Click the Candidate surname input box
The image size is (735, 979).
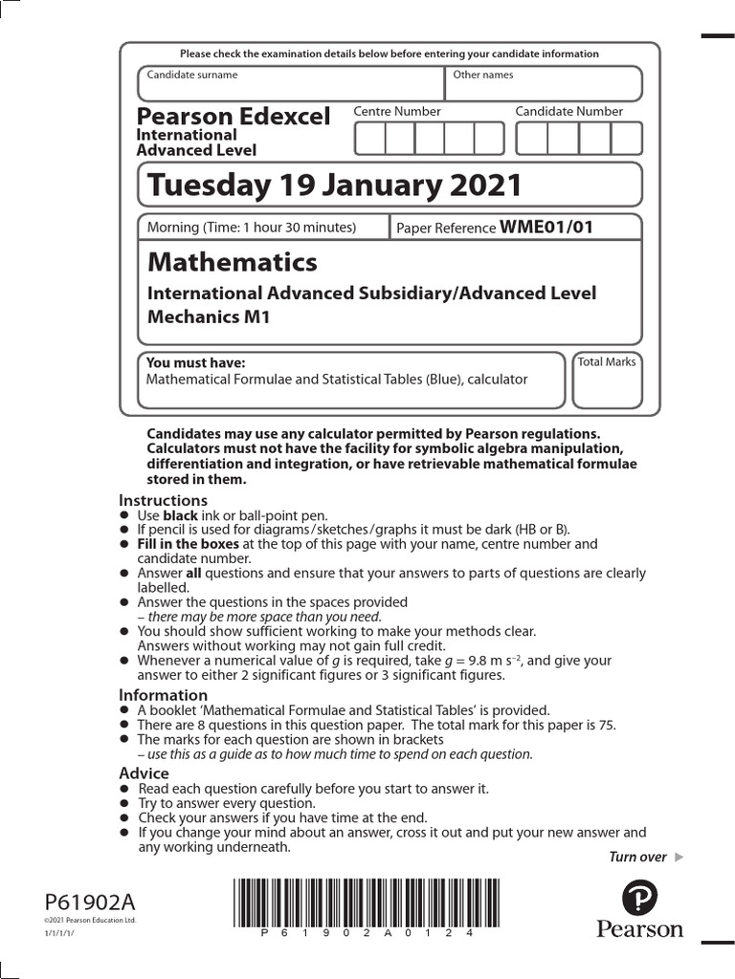pyautogui.click(x=291, y=83)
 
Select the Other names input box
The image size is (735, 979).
pyautogui.click(x=542, y=83)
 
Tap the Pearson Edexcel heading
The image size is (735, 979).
pyautogui.click(x=234, y=117)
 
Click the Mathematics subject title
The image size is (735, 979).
pyautogui.click(x=232, y=262)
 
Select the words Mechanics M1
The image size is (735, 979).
pyautogui.click(x=208, y=316)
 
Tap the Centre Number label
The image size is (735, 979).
pyautogui.click(x=397, y=112)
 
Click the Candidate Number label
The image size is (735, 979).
pyautogui.click(x=568, y=112)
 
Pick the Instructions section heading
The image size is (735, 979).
pyautogui.click(x=163, y=500)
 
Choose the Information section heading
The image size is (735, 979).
pyautogui.click(x=163, y=695)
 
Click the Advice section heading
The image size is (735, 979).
pyautogui.click(x=144, y=772)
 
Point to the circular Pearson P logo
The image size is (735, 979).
pyautogui.click(x=640, y=899)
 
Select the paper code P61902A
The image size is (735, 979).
pyautogui.click(x=90, y=902)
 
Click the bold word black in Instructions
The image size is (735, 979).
pyautogui.click(x=180, y=515)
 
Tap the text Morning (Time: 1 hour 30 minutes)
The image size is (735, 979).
pyautogui.click(x=251, y=228)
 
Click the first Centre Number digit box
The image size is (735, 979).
pyautogui.click(x=369, y=139)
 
